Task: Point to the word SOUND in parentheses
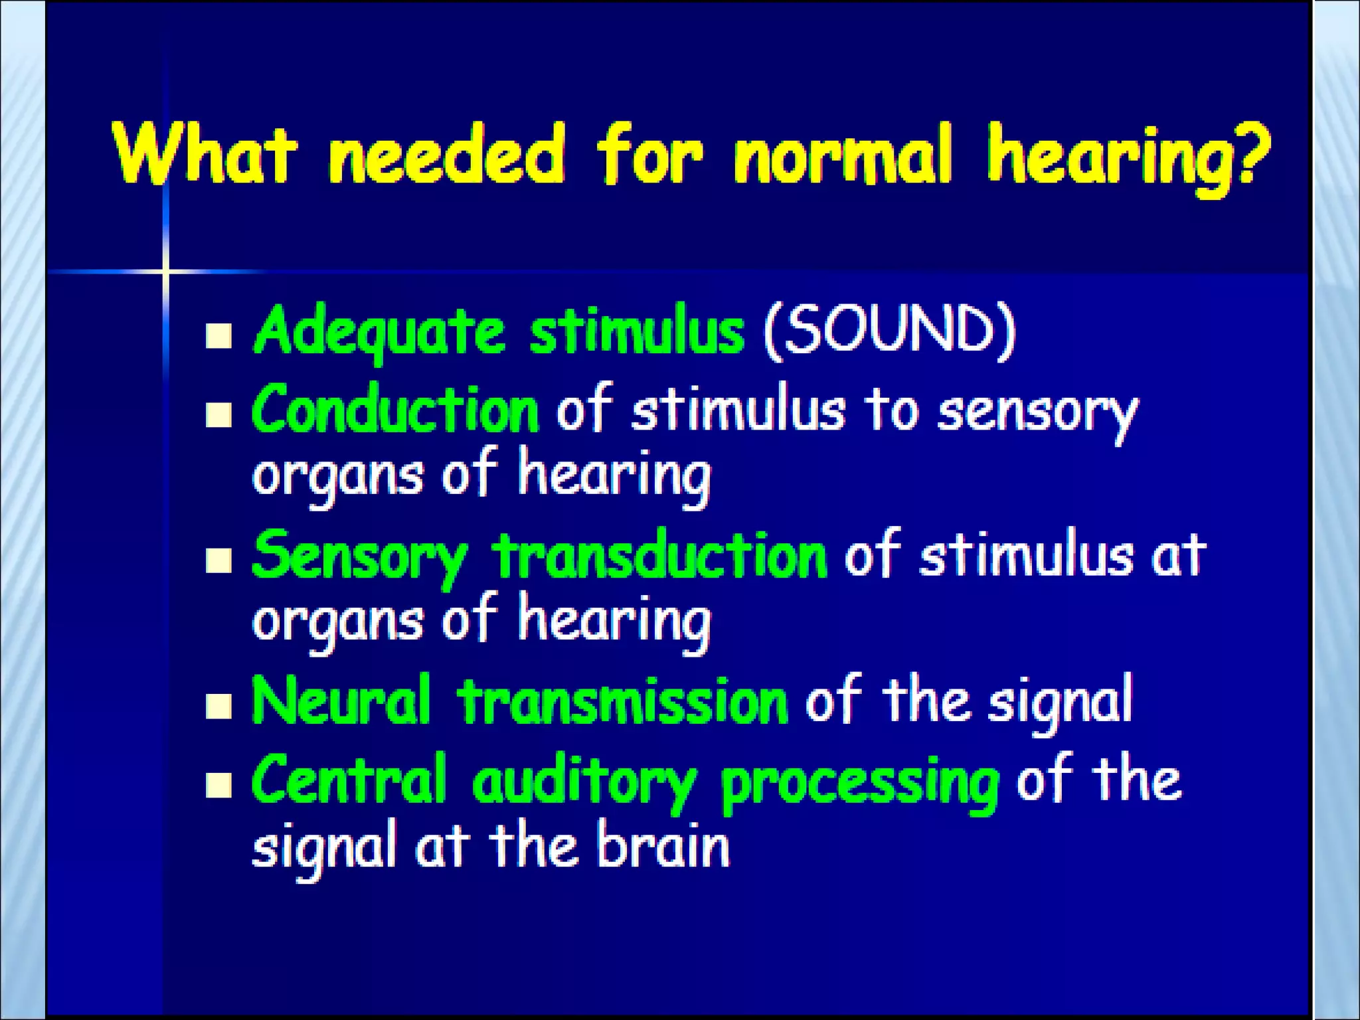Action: pos(890,330)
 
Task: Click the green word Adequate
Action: pos(379,331)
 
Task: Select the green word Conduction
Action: pos(395,410)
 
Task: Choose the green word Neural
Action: pos(341,701)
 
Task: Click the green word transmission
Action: pos(623,702)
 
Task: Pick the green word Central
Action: pos(348,780)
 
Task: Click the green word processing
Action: pos(860,784)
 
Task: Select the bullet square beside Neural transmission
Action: pos(218,707)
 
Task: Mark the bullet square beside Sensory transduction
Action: pos(218,560)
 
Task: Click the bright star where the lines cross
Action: pos(165,271)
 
